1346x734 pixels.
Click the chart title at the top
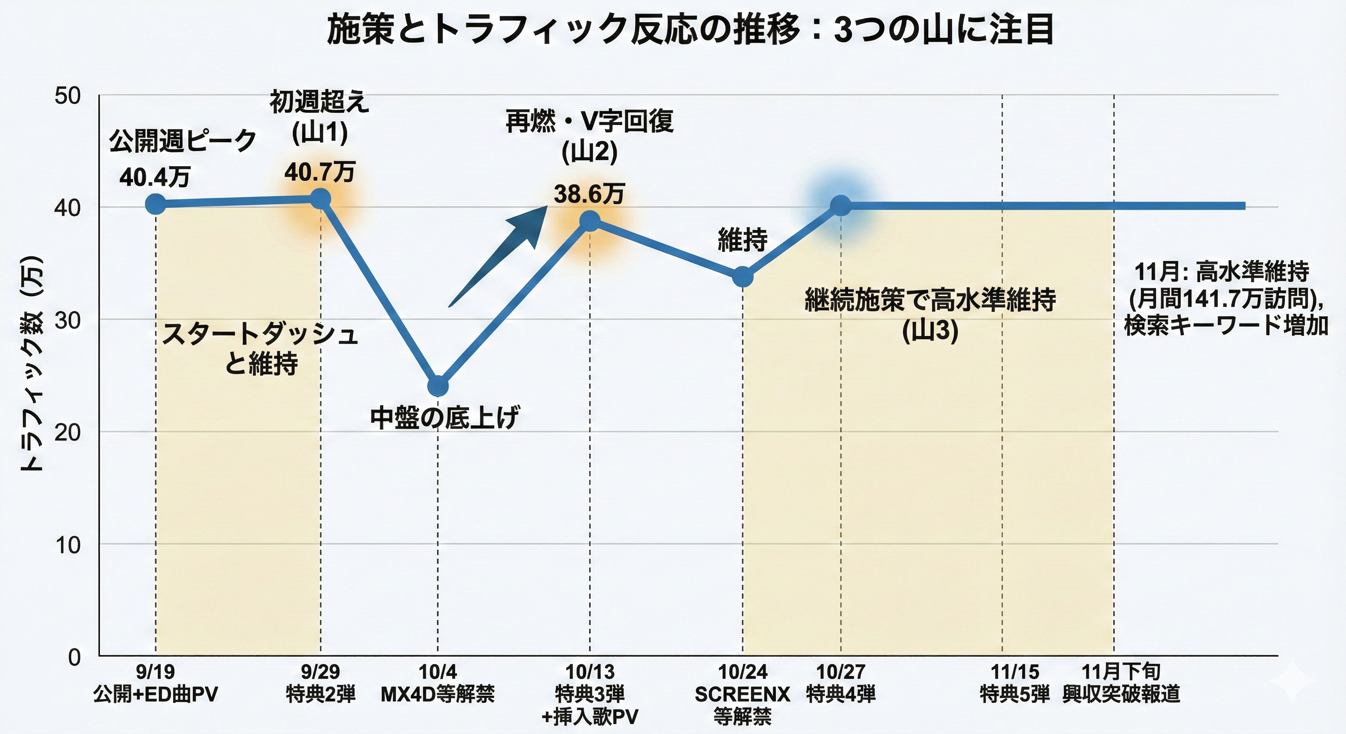(x=690, y=30)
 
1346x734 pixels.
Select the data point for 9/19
(x=156, y=204)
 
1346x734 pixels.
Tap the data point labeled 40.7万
(x=320, y=198)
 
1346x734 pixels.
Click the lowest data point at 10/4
(x=438, y=386)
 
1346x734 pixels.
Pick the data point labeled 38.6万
(x=590, y=221)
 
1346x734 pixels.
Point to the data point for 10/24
(x=742, y=276)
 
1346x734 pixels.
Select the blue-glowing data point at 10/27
(x=841, y=205)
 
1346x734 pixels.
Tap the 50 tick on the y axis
(x=67, y=96)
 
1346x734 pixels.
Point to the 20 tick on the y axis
(x=67, y=432)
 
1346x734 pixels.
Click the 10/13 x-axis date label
(x=590, y=672)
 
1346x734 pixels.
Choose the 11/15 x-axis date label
(x=1015, y=672)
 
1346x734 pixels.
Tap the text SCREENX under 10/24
(x=742, y=695)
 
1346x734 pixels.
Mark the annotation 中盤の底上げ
(x=445, y=419)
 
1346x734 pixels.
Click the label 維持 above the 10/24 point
(x=742, y=240)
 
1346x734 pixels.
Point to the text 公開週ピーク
(x=183, y=141)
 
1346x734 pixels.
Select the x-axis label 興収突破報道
(x=1121, y=695)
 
